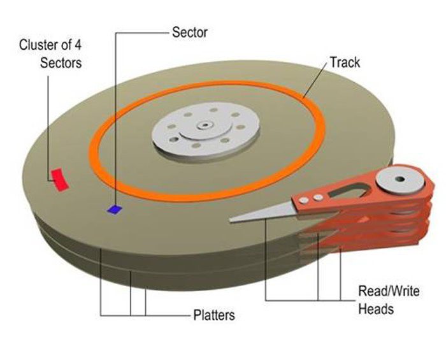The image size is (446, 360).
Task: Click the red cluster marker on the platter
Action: coord(59,180)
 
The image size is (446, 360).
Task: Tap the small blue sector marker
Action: coord(115,208)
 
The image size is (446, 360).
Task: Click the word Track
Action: coord(345,62)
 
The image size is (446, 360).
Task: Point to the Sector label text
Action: coord(190,32)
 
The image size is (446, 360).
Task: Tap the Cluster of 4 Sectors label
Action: coord(50,54)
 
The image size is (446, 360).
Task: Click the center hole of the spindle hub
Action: coord(205,126)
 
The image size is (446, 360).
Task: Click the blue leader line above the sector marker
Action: coord(115,115)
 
